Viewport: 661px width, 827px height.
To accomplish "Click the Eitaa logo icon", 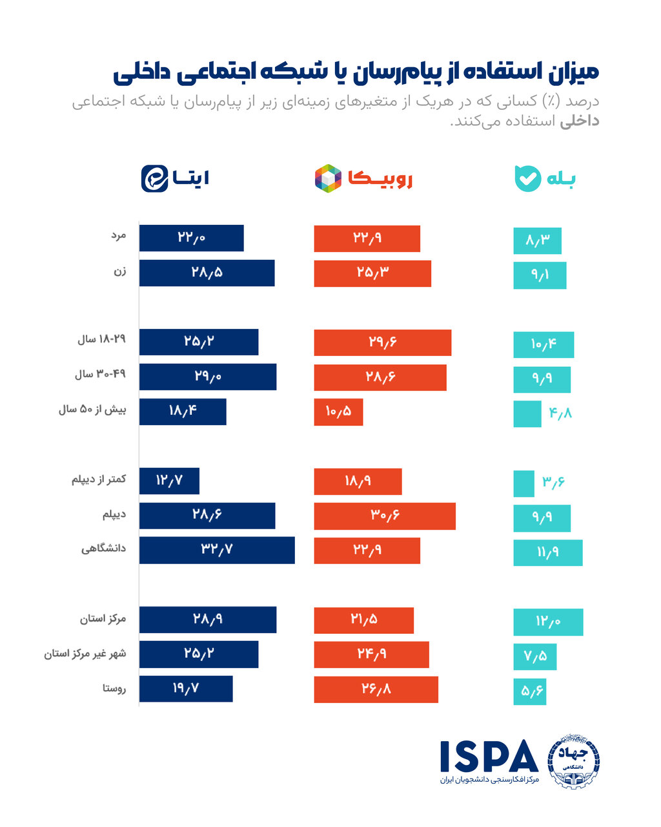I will (x=155, y=178).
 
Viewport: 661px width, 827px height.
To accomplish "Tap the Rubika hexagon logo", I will (x=328, y=178).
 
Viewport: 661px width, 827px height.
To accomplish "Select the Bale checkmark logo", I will (x=527, y=178).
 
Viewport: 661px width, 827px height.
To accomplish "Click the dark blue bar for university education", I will (x=217, y=550).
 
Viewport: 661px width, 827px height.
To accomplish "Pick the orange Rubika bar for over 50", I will (x=338, y=412).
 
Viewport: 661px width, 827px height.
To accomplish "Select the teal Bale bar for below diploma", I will (x=524, y=483).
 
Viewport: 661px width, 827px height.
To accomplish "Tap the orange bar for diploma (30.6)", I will (x=385, y=516).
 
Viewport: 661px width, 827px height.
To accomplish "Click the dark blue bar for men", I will (x=191, y=238).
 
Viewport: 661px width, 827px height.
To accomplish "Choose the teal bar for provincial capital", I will (x=548, y=622).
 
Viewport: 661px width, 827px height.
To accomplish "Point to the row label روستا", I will (x=114, y=689).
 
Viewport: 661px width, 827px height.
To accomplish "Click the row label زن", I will (x=120, y=272).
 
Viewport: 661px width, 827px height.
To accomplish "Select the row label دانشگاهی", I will (x=103, y=549).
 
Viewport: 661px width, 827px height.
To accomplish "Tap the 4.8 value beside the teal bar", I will (x=560, y=413).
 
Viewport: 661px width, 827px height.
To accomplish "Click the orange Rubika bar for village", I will (x=376, y=689).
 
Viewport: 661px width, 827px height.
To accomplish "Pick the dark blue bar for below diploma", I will (x=169, y=481).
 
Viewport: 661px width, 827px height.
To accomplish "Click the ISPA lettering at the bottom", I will (x=489, y=757).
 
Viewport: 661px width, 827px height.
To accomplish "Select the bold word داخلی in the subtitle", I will (x=579, y=121).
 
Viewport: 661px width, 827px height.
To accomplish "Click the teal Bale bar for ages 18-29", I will (x=544, y=344).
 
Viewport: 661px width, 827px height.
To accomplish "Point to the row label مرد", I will (x=118, y=236).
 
